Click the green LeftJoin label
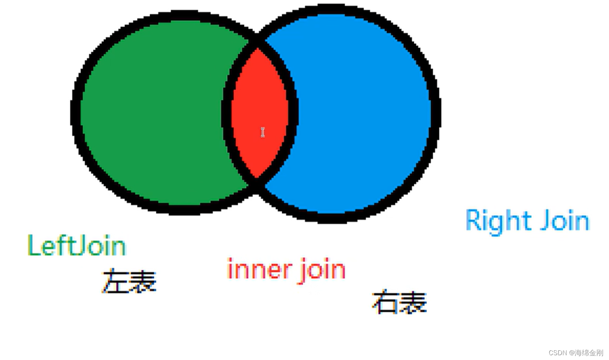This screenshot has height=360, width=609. [x=77, y=245]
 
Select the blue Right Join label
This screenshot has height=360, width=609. [x=527, y=221]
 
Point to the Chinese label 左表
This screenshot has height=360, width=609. [x=129, y=281]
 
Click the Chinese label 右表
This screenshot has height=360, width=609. [x=399, y=302]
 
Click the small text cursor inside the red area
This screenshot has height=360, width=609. [x=263, y=132]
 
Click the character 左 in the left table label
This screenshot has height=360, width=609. [x=115, y=281]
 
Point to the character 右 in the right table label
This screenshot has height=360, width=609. [x=385, y=302]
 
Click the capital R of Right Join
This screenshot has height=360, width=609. [x=473, y=220]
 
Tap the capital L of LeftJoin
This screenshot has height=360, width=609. [x=33, y=245]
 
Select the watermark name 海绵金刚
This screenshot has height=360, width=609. [x=589, y=353]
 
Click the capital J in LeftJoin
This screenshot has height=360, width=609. [x=79, y=245]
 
